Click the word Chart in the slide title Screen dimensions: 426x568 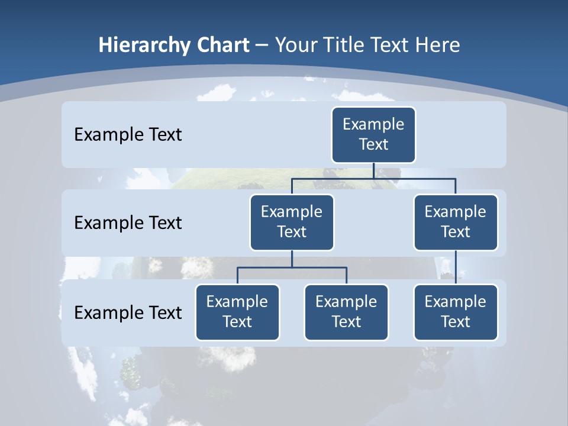pos(223,45)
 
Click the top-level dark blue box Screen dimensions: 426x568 pos(373,134)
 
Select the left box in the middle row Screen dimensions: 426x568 pos(292,222)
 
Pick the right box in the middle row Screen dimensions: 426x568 pos(456,222)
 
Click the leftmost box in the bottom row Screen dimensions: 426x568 pos(237,312)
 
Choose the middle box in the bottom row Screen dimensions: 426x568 pos(346,312)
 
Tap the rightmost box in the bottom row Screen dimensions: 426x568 pos(456,312)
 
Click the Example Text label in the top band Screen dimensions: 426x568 pos(128,134)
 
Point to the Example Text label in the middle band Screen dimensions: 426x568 pos(128,222)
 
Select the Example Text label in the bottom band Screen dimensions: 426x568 pos(128,312)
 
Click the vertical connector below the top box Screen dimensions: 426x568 pos(373,170)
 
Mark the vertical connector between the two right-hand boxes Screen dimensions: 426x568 pos(456,267)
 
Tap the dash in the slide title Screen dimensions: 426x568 pos(262,46)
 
